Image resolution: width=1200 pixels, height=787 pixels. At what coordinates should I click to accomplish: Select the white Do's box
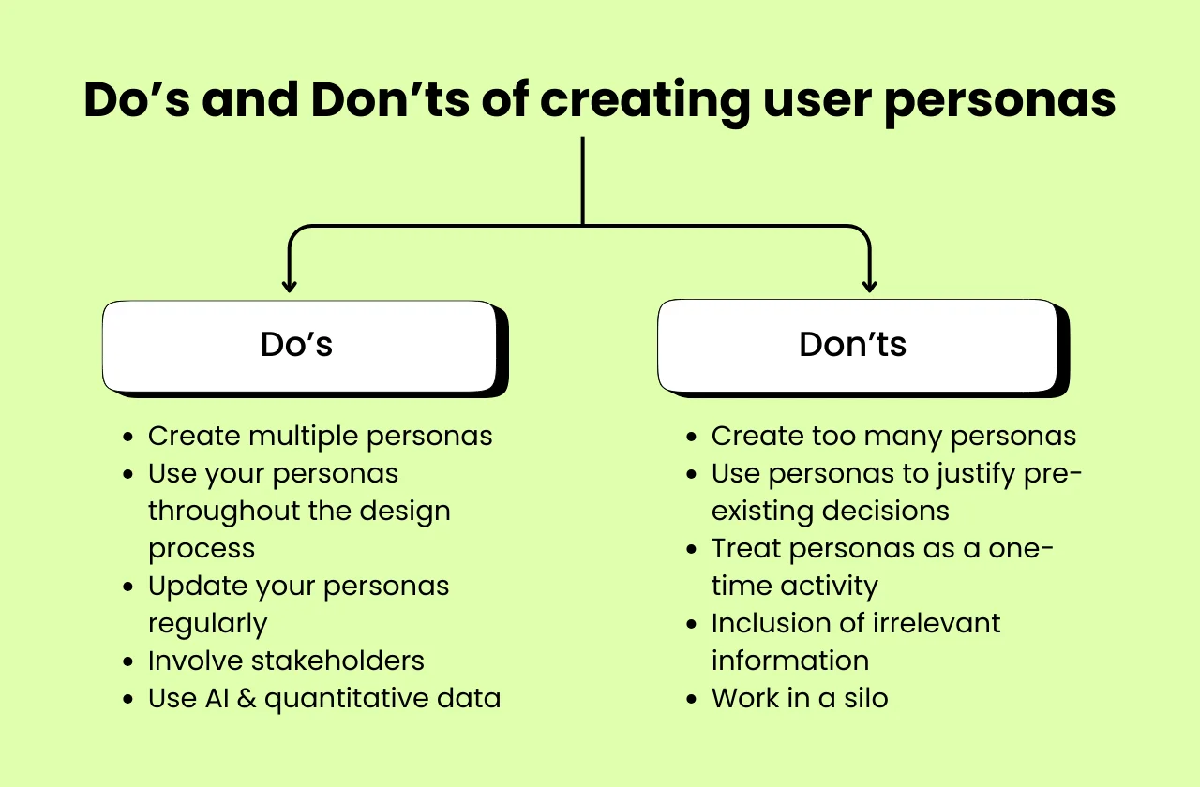pyautogui.click(x=299, y=345)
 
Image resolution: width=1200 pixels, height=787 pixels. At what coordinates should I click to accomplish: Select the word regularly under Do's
pyautogui.click(x=208, y=624)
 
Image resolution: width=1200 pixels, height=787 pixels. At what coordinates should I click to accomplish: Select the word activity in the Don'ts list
pyautogui.click(x=832, y=587)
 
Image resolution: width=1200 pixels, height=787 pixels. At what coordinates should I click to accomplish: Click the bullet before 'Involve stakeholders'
pyautogui.click(x=128, y=662)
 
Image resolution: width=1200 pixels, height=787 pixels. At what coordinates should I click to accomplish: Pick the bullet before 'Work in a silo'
pyautogui.click(x=692, y=700)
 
